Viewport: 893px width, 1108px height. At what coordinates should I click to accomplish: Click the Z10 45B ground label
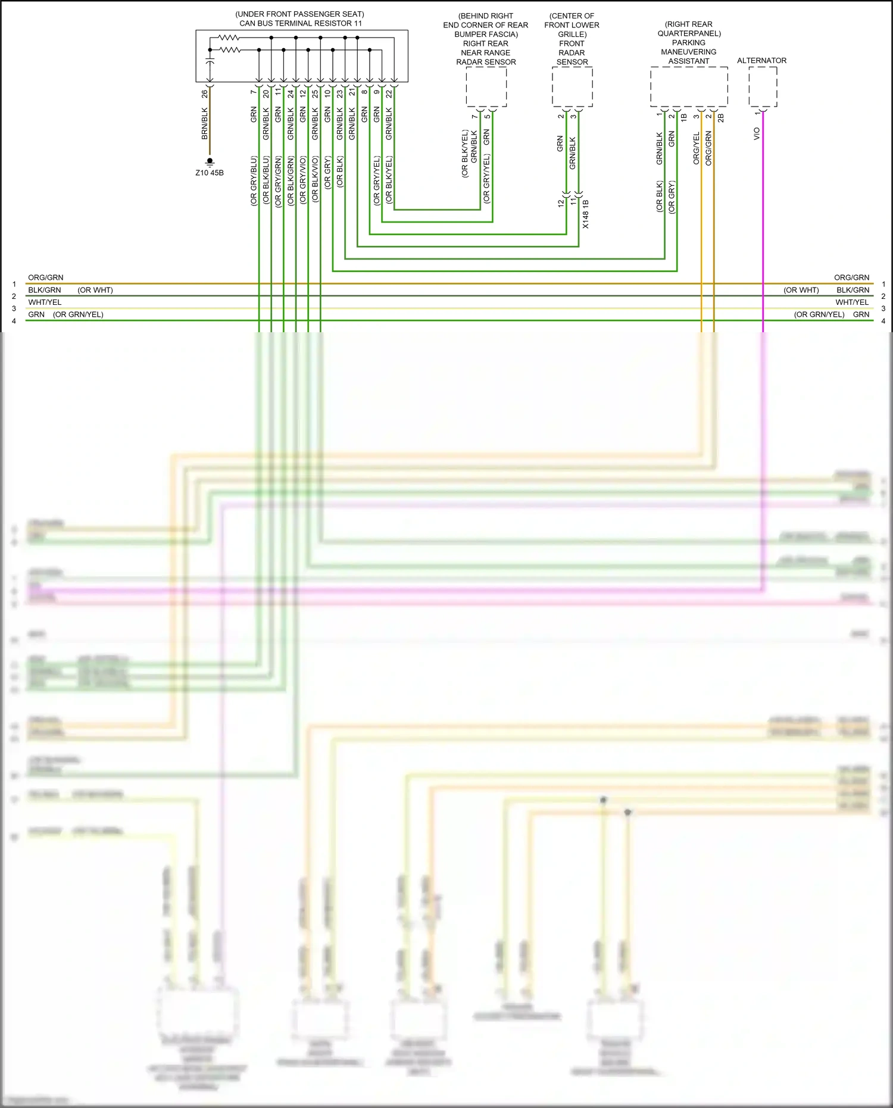tap(210, 173)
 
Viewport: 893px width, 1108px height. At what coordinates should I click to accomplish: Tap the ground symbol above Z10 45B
tap(210, 161)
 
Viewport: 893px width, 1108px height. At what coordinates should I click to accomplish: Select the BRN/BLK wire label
tap(205, 124)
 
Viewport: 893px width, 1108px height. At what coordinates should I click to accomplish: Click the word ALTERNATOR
tap(761, 61)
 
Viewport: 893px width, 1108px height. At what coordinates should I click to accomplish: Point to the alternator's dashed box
tap(763, 87)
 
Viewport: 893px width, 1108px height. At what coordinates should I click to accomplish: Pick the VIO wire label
tap(757, 134)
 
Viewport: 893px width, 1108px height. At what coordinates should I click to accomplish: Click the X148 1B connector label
tap(586, 214)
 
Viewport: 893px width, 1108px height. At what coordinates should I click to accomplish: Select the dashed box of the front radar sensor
tap(572, 87)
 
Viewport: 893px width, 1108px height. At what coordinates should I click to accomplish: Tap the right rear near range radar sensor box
tap(486, 87)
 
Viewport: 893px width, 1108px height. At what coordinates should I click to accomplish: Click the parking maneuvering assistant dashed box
tap(689, 87)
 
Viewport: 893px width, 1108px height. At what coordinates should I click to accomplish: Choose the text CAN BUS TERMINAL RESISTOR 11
tap(301, 24)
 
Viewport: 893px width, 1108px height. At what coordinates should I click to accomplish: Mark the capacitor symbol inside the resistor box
tap(210, 61)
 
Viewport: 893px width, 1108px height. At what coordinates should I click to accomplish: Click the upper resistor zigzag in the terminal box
tap(229, 38)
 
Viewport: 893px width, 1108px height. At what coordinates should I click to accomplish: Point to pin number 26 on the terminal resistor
tap(205, 94)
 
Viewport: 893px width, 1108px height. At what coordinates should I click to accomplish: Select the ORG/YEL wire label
tap(697, 148)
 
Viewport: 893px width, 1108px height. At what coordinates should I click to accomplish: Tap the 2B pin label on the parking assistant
tap(721, 118)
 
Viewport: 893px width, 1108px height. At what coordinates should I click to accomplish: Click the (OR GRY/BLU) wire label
tap(254, 181)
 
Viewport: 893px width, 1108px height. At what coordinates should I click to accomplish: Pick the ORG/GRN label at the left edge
tap(46, 277)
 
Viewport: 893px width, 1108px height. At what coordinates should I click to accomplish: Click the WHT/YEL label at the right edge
tap(852, 302)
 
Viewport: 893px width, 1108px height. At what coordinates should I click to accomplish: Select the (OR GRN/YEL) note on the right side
tap(819, 314)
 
